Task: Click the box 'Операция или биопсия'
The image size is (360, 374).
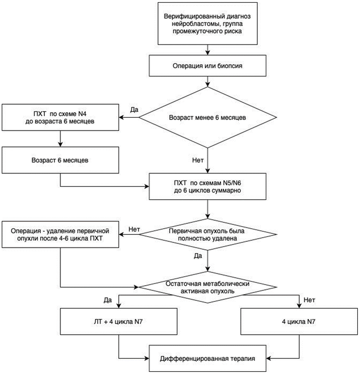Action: point(208,66)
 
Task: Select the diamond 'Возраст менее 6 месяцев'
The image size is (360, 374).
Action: point(208,117)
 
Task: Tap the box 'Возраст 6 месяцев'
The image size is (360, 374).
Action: point(60,160)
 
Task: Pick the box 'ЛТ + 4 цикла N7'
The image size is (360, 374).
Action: point(118,321)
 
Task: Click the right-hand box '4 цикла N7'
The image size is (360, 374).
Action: point(299,321)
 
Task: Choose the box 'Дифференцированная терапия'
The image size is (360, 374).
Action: point(208,358)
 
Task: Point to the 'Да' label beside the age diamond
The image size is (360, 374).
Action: point(134,110)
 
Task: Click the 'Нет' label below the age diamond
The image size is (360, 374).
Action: point(198,160)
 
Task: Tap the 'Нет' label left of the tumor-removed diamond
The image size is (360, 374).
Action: point(134,230)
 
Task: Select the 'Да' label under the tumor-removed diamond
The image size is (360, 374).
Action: point(198,256)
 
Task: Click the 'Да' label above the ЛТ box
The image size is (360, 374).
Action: point(108,300)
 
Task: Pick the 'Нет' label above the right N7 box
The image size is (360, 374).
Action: point(310,300)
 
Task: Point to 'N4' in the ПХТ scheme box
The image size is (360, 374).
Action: point(82,114)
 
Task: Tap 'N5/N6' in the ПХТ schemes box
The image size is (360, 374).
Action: point(232,183)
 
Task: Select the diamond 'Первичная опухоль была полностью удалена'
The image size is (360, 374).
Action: point(208,234)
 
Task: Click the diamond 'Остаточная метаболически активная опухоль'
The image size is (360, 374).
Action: point(208,287)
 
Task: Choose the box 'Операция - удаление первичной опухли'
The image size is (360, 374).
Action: point(60,234)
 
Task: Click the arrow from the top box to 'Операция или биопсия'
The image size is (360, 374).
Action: point(208,50)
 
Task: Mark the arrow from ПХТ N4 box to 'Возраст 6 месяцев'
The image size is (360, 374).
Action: point(60,139)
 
